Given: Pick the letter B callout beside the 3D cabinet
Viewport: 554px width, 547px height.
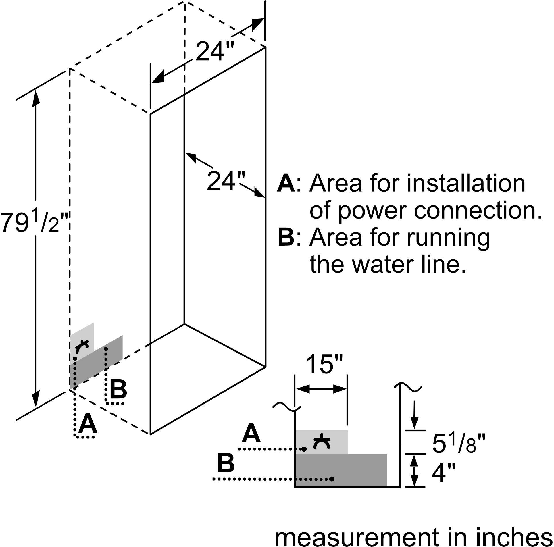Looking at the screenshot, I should (x=118, y=389).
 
